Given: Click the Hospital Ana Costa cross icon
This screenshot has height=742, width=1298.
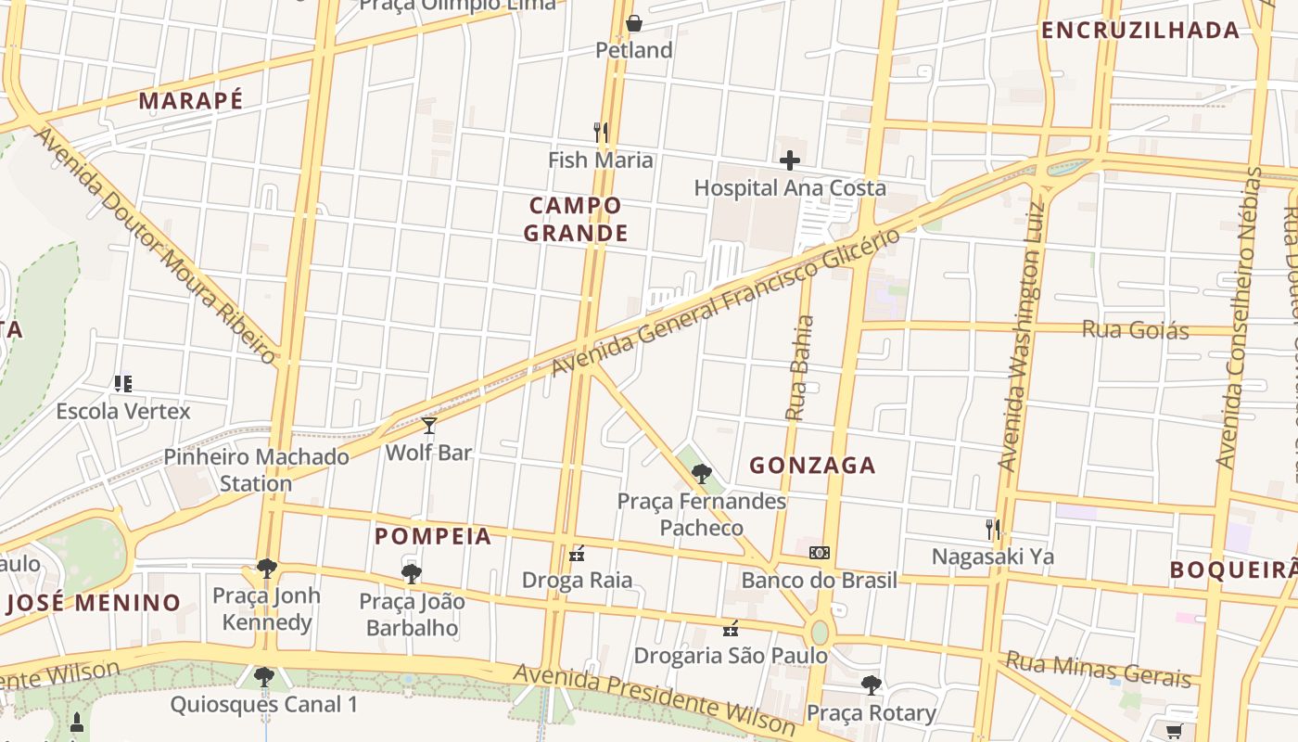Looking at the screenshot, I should pos(789,160).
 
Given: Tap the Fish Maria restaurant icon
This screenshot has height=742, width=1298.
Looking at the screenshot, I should pos(601,133).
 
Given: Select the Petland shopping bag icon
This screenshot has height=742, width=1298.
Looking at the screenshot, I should pos(634,23).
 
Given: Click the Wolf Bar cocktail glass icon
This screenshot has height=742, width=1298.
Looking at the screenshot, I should pos(428,426).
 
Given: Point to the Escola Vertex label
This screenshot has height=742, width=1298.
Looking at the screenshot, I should pos(123,411).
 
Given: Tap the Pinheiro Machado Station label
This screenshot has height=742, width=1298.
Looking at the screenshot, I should pos(256,469).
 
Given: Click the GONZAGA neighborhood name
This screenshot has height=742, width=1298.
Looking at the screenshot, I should pos(812,466).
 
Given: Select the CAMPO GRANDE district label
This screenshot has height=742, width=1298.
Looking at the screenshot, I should pos(576,219).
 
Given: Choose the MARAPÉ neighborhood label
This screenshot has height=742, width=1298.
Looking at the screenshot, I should pos(191,101).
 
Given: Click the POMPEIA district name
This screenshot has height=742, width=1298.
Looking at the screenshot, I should pos(433,536).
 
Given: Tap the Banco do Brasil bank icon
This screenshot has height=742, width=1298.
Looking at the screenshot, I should pos(819,553).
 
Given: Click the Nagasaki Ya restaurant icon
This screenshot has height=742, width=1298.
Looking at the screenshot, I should pos(993,530).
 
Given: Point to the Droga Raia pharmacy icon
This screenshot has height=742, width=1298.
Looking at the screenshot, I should pos(577,555).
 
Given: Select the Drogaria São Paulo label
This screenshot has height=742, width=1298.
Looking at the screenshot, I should pos(731,656).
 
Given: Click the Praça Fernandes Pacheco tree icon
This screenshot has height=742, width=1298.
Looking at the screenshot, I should pos(702,474).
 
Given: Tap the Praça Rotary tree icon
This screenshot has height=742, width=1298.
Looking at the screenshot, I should pos(871,685).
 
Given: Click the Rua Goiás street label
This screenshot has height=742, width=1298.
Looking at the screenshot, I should pos(1135,329).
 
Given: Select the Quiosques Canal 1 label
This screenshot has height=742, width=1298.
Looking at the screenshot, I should pos(263,704).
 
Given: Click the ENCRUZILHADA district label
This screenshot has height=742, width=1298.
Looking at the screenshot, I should pos(1139,31).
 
